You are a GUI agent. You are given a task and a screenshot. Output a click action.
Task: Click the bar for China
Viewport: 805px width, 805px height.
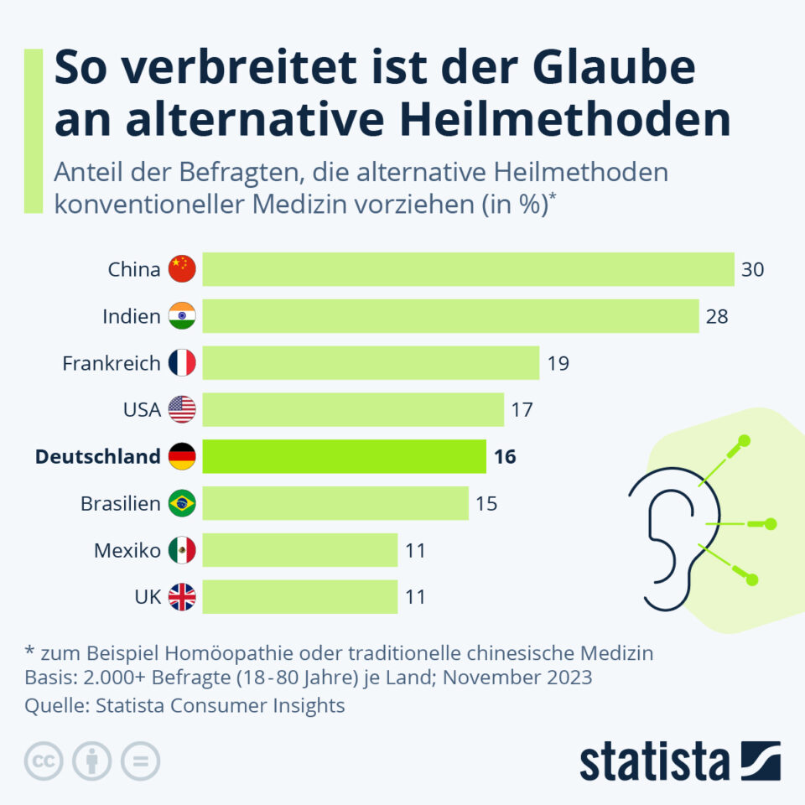coord(468,269)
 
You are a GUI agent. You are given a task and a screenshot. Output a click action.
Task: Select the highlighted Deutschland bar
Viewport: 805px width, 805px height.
coord(344,456)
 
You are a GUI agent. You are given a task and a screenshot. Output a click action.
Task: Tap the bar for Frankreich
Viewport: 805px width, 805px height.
coord(371,363)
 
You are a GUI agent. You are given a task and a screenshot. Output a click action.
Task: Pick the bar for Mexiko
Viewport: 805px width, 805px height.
coord(299,550)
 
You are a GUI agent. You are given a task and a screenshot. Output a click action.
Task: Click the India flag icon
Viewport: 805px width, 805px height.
coord(182,316)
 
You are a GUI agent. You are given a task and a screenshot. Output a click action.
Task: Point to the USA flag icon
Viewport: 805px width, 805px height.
coord(182,410)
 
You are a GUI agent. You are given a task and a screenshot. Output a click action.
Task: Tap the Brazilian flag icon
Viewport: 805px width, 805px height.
coord(182,503)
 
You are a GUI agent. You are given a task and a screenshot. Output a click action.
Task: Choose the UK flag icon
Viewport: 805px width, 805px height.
coord(182,597)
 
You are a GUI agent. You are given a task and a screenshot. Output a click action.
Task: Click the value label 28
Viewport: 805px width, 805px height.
coord(717,316)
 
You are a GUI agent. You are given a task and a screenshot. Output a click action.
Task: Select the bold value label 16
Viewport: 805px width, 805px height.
coord(505,457)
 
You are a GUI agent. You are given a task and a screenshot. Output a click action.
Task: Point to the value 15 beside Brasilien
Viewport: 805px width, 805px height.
coord(486,504)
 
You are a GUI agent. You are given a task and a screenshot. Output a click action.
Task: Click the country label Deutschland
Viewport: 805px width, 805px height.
coord(97,457)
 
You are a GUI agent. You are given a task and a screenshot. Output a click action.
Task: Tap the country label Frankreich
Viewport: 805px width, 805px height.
coord(112,363)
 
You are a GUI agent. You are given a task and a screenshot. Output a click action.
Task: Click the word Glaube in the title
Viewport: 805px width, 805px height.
coord(609,69)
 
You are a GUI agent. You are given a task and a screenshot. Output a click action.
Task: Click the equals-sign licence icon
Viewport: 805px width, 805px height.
coord(140,761)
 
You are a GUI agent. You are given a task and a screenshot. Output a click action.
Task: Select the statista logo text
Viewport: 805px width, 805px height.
coord(654,761)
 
